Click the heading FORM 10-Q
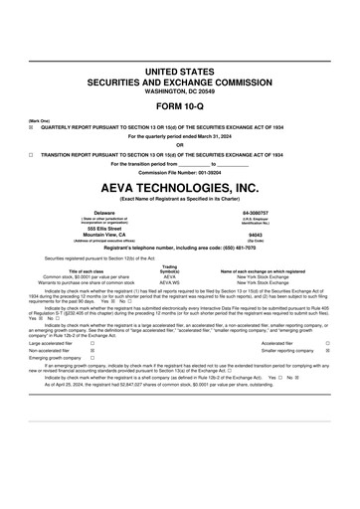coord(179,106)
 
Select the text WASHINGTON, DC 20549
coord(179,91)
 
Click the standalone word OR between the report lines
coord(179,145)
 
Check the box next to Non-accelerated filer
coord(92,351)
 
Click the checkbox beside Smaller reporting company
coord(329,351)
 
